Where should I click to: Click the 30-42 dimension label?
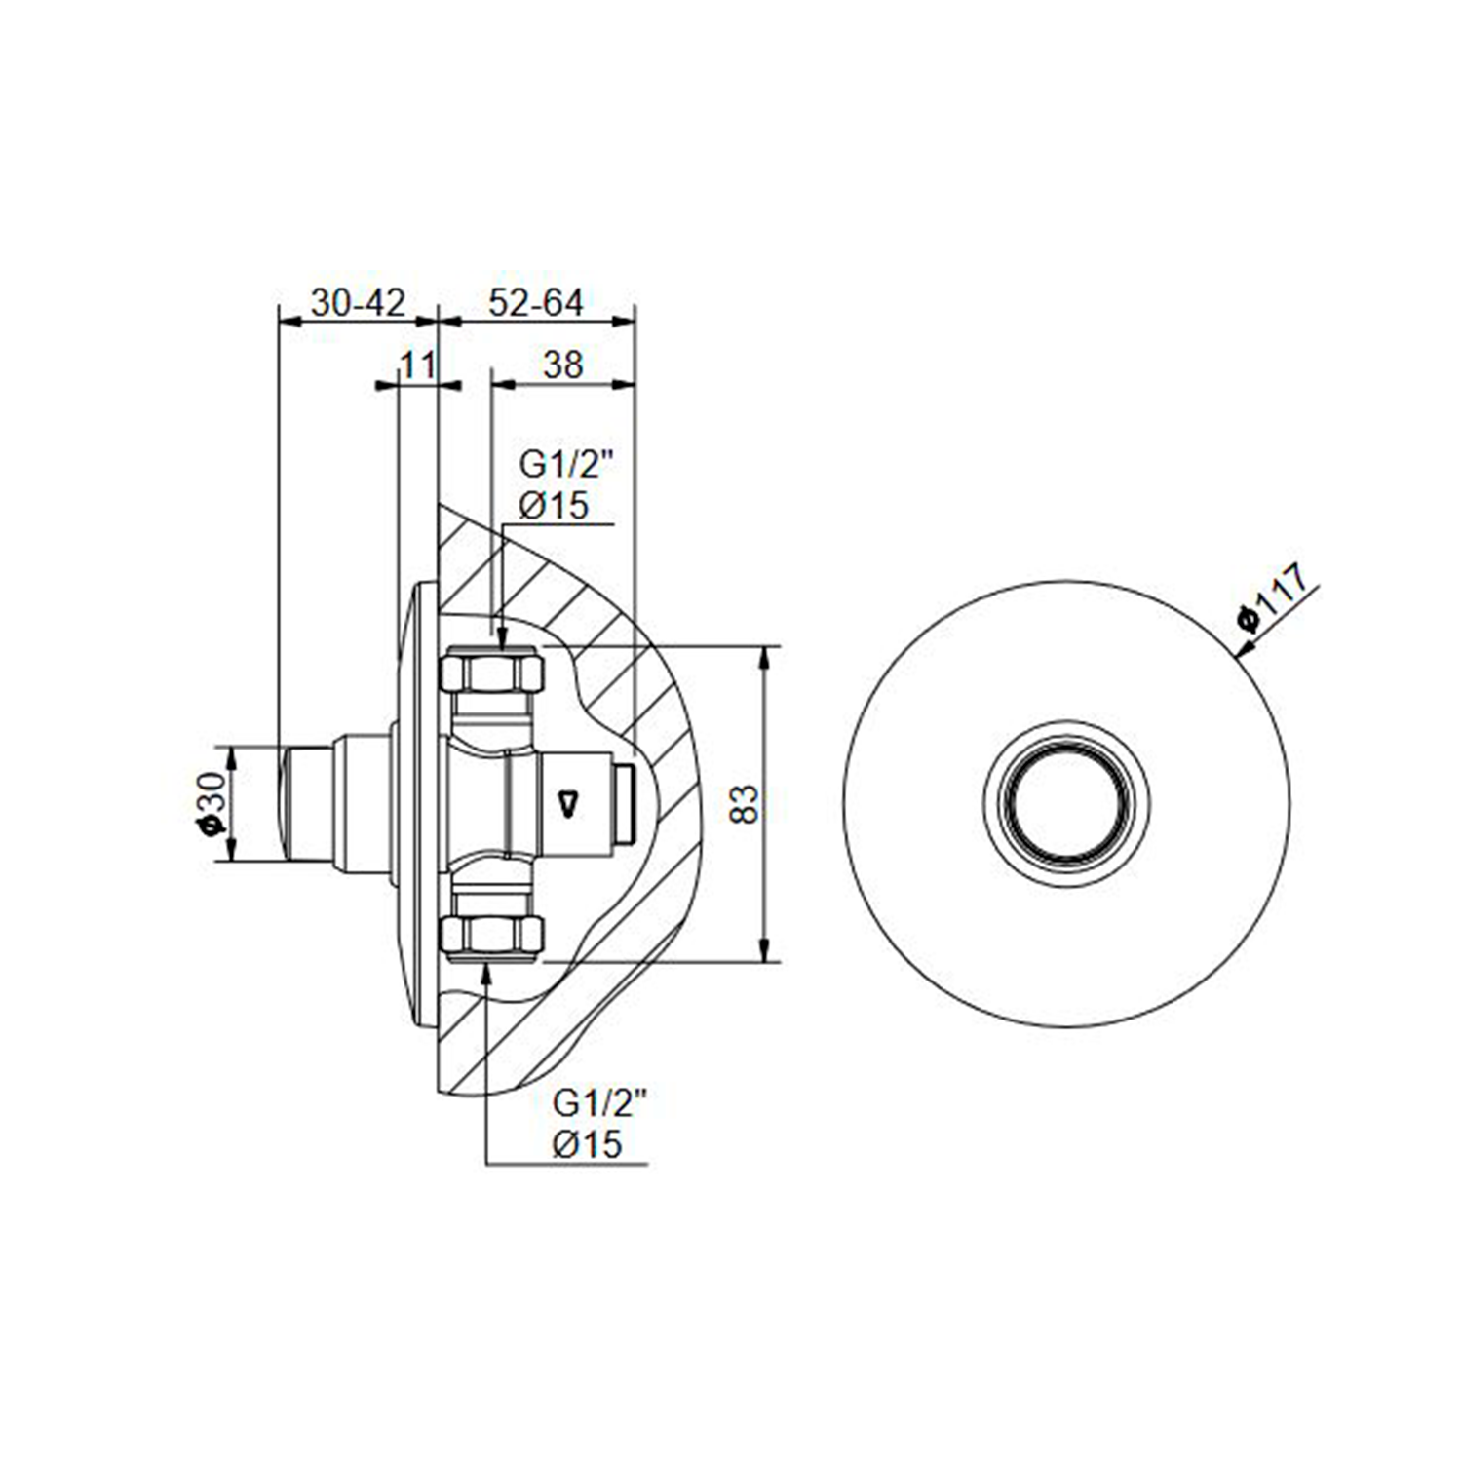click(358, 303)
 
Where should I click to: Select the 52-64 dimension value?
click(536, 303)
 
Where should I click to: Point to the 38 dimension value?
click(563, 365)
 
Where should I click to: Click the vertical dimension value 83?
click(744, 804)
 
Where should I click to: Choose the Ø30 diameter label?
click(211, 803)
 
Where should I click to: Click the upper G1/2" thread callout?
click(566, 465)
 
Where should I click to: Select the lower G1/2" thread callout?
click(600, 1103)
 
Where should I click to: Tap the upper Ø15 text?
click(554, 505)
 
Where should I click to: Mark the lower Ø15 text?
click(587, 1143)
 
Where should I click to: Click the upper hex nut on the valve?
click(492, 672)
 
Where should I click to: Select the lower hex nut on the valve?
click(492, 936)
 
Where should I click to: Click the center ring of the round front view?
click(1066, 804)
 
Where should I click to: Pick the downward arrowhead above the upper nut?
click(501, 636)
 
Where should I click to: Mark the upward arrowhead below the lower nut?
click(486, 972)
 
